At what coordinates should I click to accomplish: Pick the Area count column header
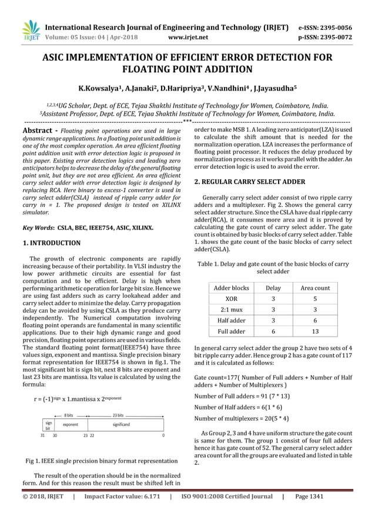315,288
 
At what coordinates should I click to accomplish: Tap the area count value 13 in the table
315,331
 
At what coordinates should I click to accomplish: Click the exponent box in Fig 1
71,424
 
